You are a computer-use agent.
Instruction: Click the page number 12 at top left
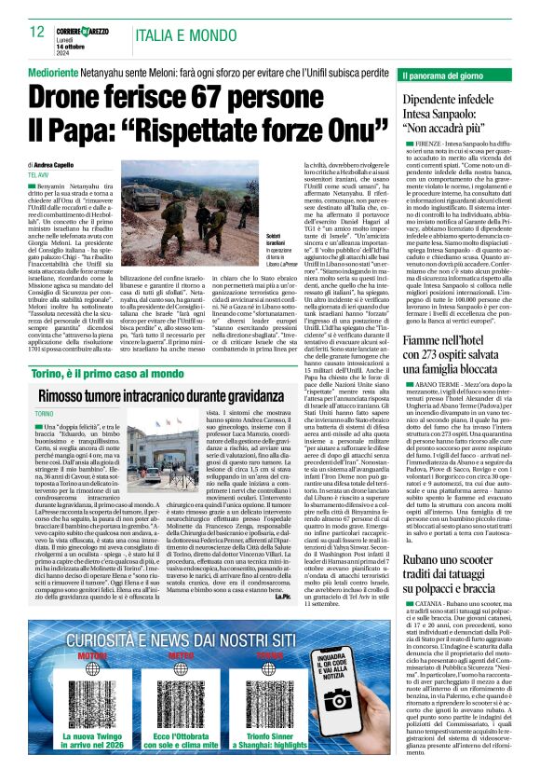point(37,33)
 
